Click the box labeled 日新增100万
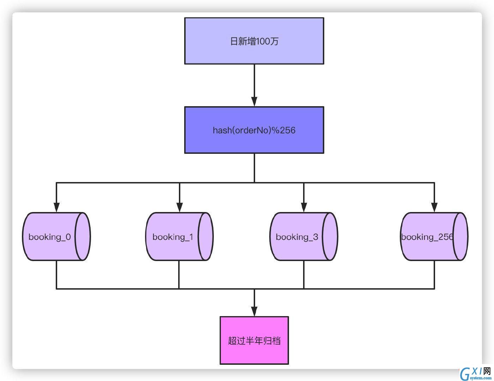click(254, 41)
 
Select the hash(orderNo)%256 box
click(254, 130)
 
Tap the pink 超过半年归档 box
click(254, 340)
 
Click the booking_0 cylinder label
click(49, 237)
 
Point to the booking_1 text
click(173, 237)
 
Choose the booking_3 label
click(297, 237)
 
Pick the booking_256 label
click(427, 237)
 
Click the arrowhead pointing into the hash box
click(254, 102)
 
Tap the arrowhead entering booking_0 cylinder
click(56, 207)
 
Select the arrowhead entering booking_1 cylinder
click(179, 207)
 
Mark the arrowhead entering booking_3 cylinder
click(304, 207)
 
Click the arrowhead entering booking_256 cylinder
click(434, 207)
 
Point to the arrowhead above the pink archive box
click(254, 311)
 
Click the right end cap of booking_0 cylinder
click(83, 236)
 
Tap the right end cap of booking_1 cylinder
click(205, 236)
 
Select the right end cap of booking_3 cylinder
click(330, 236)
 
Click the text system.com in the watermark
click(481, 378)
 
